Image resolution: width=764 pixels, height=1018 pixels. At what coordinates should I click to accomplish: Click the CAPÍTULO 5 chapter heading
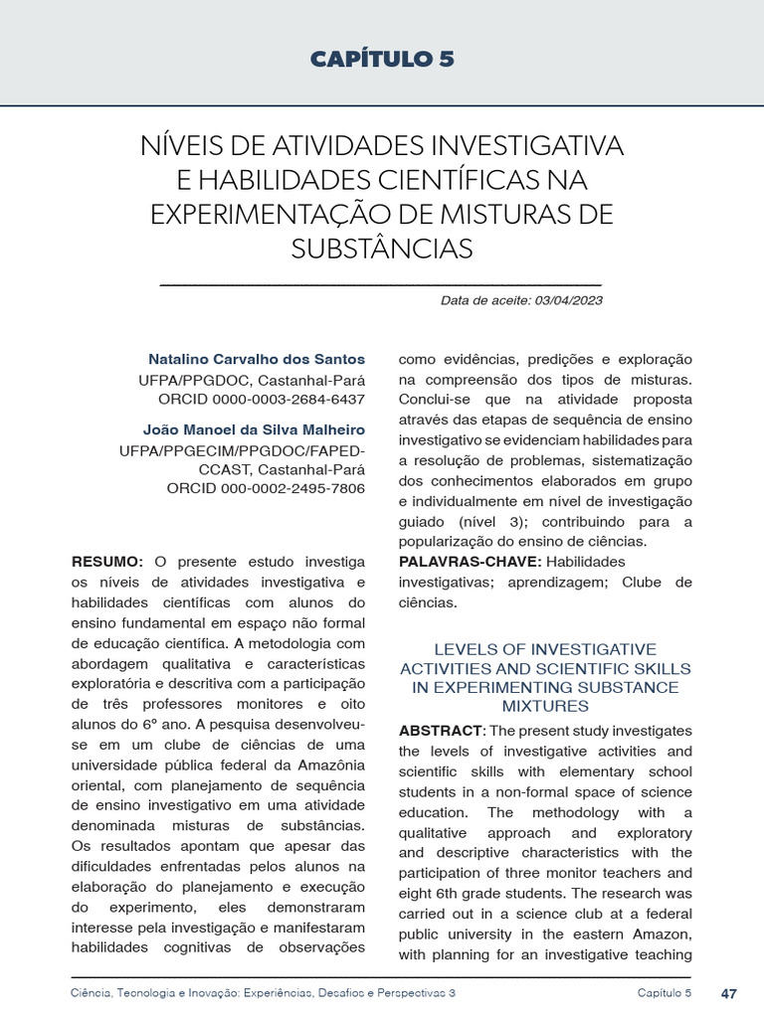pos(382,59)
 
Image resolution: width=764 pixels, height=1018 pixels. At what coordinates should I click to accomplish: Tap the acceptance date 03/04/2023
pos(568,300)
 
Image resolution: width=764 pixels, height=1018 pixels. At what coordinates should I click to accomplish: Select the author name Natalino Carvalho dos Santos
pos(257,359)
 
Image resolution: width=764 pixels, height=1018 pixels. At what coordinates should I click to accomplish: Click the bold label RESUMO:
pos(107,562)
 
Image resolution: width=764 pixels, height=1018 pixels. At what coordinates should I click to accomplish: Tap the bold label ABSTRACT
pos(440,731)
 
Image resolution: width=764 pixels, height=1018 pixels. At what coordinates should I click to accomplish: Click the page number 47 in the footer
pos(728,993)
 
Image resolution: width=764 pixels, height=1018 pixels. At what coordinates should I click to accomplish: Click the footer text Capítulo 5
pos(665,993)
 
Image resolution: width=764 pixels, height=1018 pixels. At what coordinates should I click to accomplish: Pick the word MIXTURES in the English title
pos(545,706)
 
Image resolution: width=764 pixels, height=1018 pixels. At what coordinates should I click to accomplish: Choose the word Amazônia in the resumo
pos(327,763)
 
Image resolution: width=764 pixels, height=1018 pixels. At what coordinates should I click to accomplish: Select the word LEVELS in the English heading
pos(439,649)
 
